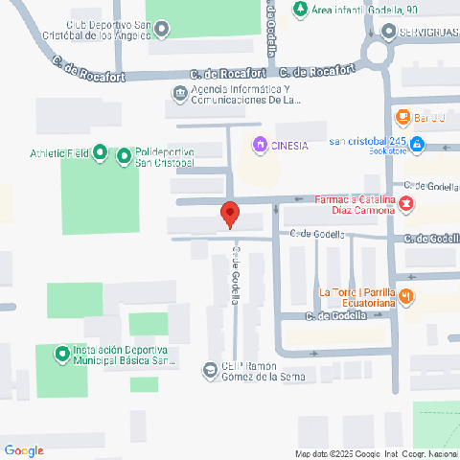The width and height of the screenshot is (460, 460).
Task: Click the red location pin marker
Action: tap(229, 214)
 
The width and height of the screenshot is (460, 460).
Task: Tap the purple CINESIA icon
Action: tap(259, 145)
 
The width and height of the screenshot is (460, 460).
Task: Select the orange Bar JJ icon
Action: tap(403, 118)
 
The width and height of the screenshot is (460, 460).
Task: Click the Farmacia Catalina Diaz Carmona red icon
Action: tap(406, 204)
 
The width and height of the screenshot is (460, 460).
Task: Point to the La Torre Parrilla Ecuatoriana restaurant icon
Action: tap(406, 296)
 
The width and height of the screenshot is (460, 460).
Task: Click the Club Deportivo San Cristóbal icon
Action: tap(162, 29)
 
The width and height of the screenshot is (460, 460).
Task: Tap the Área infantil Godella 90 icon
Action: tap(300, 10)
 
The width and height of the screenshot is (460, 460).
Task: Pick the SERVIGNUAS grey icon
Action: tap(387, 32)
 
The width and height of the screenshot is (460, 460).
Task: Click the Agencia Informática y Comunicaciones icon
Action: tap(180, 93)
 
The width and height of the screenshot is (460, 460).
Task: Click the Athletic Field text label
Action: tap(58, 153)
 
